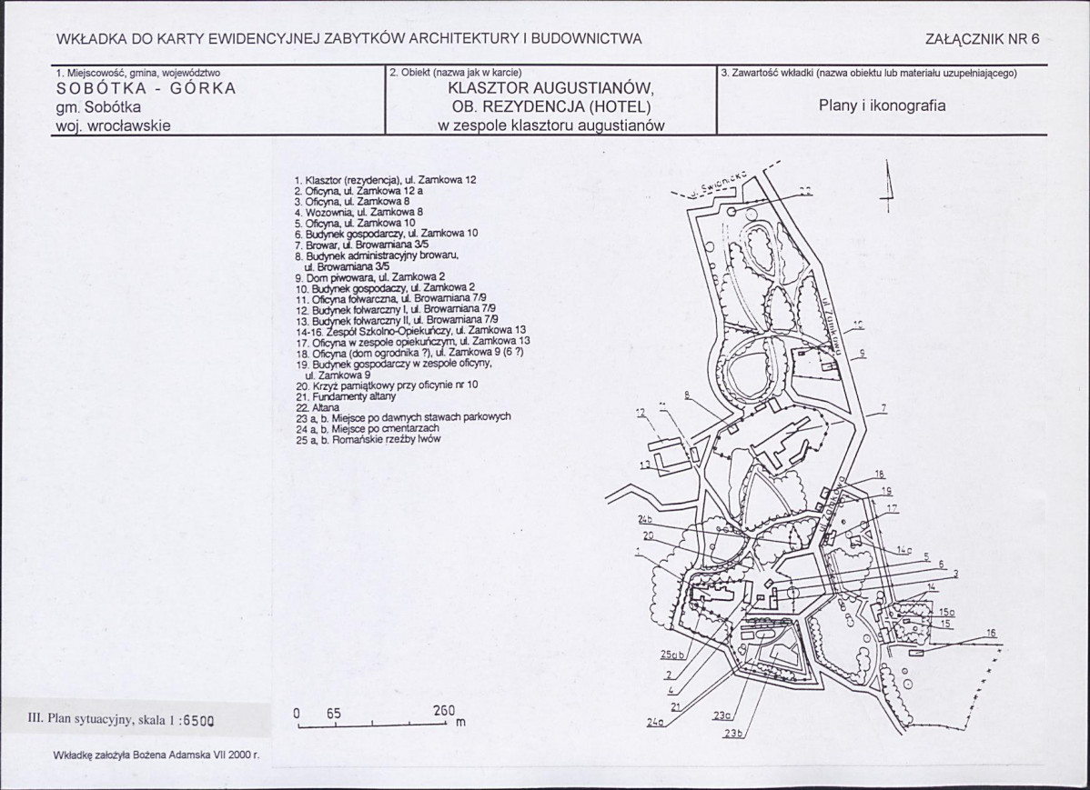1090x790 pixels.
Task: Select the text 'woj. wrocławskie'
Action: (113, 125)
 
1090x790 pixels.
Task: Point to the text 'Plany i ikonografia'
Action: (882, 105)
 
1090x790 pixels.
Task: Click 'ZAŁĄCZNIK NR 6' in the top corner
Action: (981, 39)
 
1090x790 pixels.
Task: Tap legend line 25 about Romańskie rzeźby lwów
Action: (368, 440)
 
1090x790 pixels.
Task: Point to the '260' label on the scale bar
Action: (445, 713)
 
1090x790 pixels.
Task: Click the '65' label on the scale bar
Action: (333, 714)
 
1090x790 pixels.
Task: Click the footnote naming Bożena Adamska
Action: (156, 755)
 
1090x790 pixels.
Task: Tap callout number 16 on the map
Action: (991, 633)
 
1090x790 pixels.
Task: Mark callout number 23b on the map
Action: (734, 734)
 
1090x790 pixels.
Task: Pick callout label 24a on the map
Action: (655, 724)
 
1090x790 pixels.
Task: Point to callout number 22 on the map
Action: (804, 190)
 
